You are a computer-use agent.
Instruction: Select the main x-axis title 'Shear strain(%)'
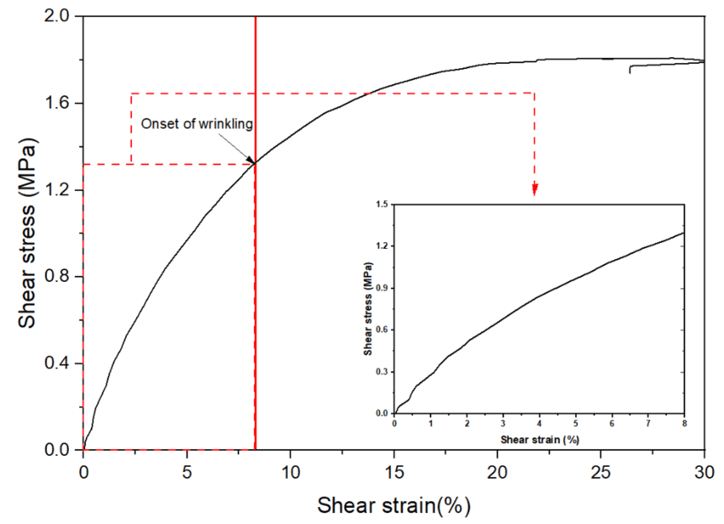coord(394,504)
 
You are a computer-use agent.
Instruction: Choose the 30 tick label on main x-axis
coord(704,469)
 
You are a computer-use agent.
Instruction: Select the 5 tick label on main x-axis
coord(187,469)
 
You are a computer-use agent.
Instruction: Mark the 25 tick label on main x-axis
coord(600,469)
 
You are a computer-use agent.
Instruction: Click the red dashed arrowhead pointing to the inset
coord(534,190)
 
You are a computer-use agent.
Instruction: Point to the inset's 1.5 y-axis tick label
coord(380,204)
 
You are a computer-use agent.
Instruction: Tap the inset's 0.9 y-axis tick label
coord(380,288)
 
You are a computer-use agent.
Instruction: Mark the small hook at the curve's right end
coord(631,68)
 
